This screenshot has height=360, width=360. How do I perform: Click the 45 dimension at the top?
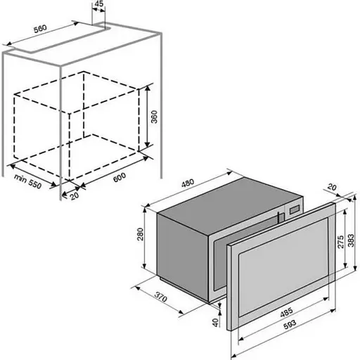point(99,4)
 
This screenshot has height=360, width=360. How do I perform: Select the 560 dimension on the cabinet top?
point(40,29)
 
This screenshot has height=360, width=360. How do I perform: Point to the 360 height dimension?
point(154,117)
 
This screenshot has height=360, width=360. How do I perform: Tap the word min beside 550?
point(20,178)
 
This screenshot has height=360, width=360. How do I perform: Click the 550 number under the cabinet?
point(35,184)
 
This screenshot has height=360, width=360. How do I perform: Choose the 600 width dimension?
point(120,177)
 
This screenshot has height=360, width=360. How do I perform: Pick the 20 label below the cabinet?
point(75,195)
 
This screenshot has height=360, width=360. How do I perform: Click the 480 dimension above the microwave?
point(188,183)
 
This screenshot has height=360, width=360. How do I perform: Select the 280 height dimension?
point(140,234)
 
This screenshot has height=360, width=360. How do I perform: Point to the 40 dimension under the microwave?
point(215,322)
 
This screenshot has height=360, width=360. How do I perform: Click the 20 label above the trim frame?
point(332,187)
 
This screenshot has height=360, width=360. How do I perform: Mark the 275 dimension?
point(340,242)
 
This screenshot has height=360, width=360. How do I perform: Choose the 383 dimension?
point(351,240)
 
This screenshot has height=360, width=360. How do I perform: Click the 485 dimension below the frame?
point(286,312)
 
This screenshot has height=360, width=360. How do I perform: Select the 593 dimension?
point(290,325)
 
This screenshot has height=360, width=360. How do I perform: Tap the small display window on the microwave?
point(295,210)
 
